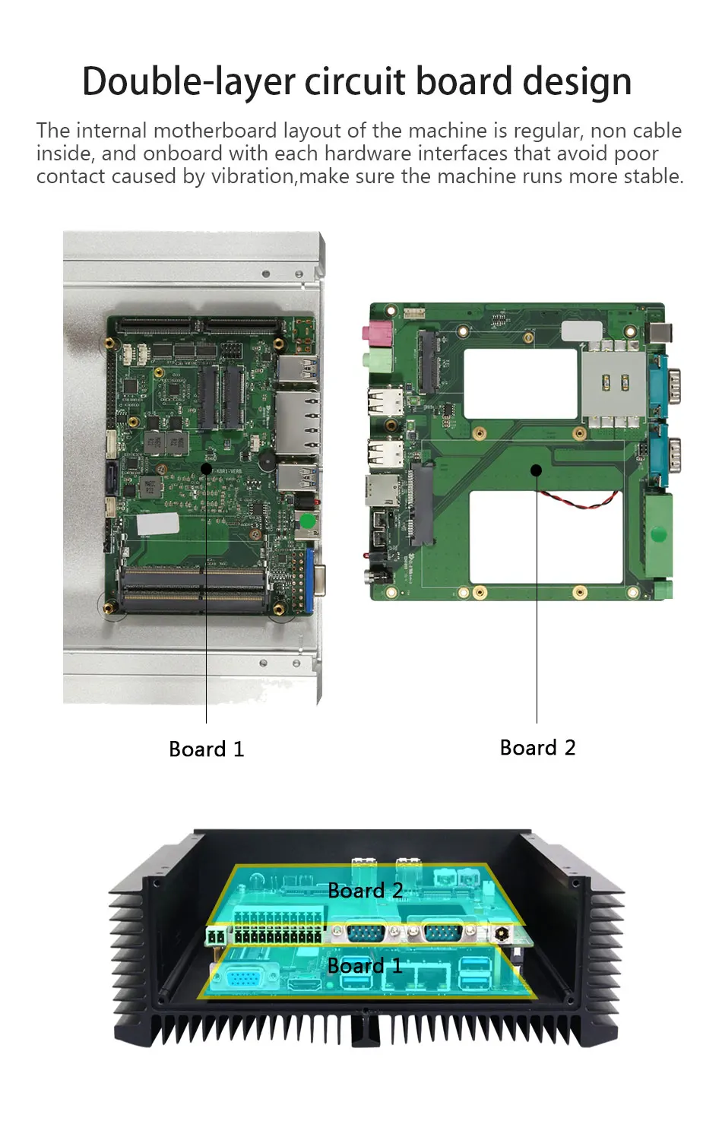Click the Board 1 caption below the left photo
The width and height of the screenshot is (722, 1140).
[207, 749]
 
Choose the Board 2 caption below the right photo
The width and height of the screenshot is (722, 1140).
[537, 748]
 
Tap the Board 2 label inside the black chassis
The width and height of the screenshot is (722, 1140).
[366, 890]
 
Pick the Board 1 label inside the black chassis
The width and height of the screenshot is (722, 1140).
[364, 965]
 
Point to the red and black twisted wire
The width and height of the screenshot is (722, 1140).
[580, 500]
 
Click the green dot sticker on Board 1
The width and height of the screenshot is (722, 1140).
[308, 521]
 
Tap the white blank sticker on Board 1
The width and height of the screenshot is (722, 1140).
[158, 524]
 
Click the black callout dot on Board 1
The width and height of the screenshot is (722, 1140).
[206, 468]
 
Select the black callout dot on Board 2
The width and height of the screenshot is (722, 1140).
[537, 470]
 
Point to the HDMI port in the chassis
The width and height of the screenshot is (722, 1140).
[304, 983]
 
